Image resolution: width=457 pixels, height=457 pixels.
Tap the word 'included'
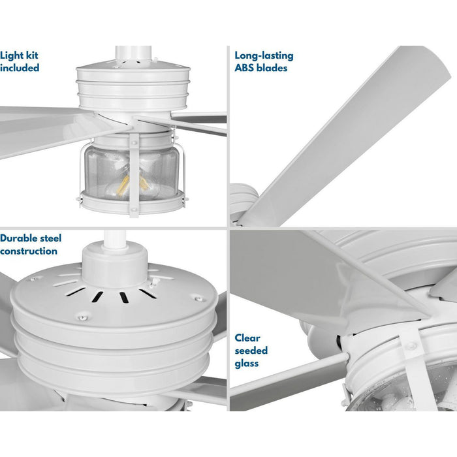pyautogui.click(x=20, y=68)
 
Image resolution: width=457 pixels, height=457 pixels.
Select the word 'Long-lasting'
pyautogui.click(x=264, y=56)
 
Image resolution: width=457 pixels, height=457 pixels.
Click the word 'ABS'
pyautogui.click(x=245, y=68)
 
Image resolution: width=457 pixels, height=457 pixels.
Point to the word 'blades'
pyautogui.click(x=272, y=68)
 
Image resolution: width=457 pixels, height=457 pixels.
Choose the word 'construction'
pyautogui.click(x=29, y=251)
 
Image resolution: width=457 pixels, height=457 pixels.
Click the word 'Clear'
pyautogui.click(x=247, y=338)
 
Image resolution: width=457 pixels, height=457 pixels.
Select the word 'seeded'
pyautogui.click(x=251, y=351)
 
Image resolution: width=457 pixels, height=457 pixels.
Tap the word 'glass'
pyautogui.click(x=247, y=363)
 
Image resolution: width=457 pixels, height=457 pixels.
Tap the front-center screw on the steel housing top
pyautogui.click(x=81, y=317)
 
